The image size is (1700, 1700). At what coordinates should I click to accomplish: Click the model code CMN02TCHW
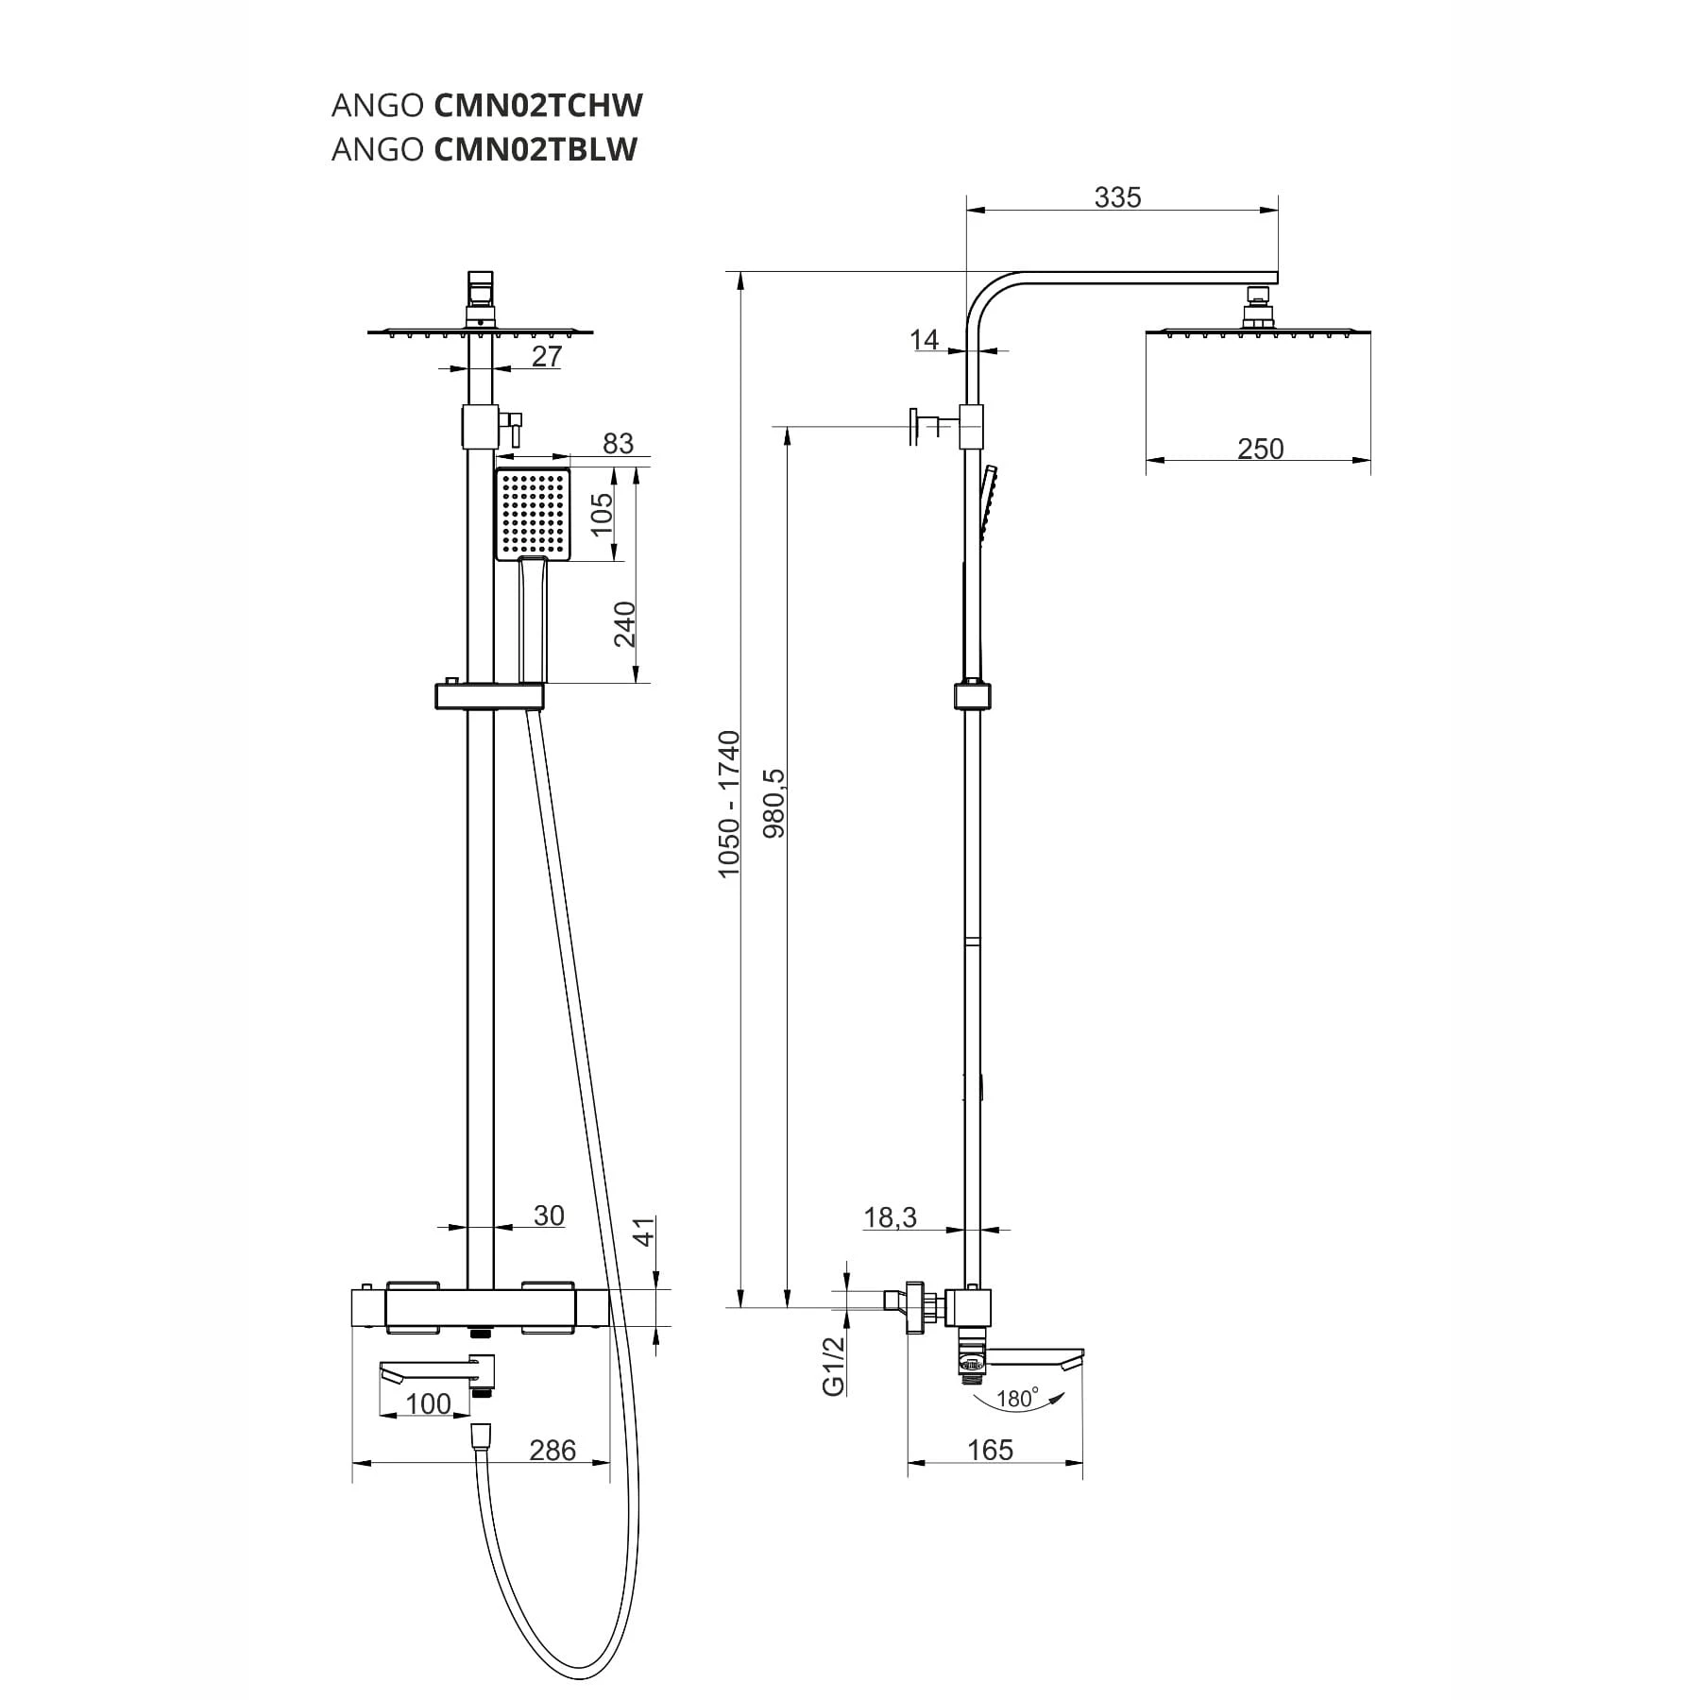[x=538, y=106]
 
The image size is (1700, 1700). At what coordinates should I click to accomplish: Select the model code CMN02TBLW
[x=535, y=149]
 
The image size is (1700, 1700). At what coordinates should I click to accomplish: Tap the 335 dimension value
[x=1117, y=197]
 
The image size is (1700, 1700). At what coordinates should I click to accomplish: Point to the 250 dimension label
[x=1260, y=449]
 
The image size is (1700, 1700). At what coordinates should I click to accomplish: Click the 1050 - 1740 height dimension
[x=729, y=804]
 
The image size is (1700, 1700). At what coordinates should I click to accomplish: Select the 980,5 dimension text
[x=773, y=803]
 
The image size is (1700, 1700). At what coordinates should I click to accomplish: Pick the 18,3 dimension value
[x=890, y=1217]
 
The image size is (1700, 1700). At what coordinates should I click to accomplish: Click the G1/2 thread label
[x=833, y=1366]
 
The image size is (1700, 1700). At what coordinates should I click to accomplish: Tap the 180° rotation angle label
[x=1017, y=1398]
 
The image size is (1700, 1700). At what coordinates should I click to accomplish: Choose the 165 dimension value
[x=990, y=1450]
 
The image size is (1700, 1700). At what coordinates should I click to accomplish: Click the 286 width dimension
[x=552, y=1450]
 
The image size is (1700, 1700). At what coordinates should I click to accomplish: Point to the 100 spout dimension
[x=428, y=1403]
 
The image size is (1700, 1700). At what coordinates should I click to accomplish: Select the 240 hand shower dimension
[x=624, y=624]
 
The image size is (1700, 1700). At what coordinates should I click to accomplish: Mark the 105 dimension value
[x=601, y=514]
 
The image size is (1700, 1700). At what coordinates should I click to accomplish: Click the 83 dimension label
[x=618, y=443]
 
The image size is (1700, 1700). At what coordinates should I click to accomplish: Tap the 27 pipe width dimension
[x=547, y=356]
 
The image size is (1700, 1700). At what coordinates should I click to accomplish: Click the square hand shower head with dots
[x=534, y=514]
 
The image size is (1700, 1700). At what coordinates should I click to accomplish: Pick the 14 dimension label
[x=925, y=339]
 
